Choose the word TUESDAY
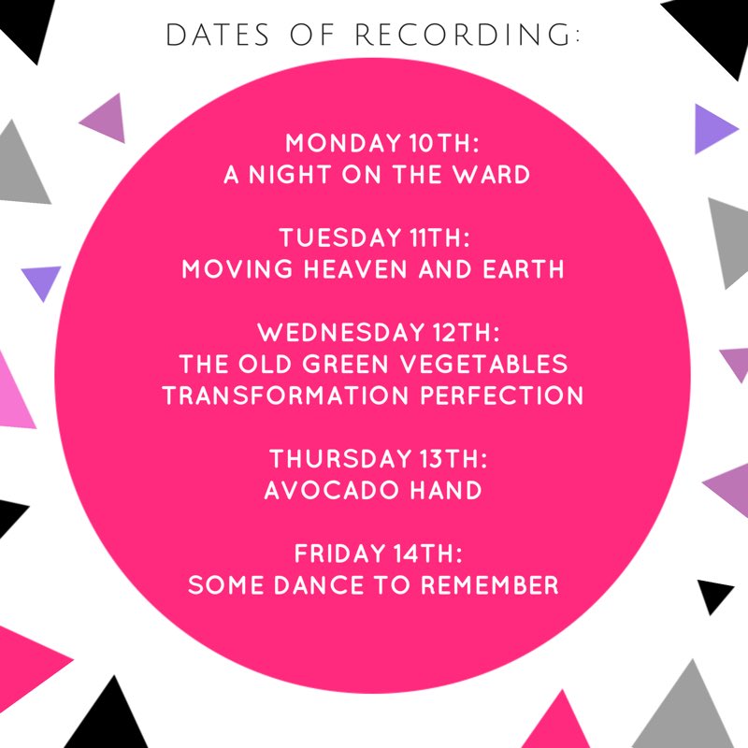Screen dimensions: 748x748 coord(340,238)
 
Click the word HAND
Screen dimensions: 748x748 coord(446,490)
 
